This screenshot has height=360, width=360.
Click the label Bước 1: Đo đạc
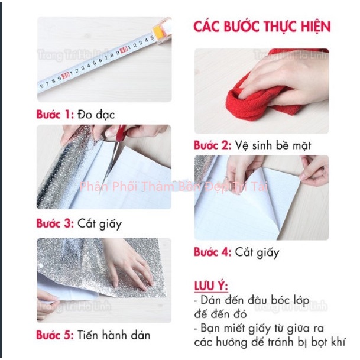point(76,113)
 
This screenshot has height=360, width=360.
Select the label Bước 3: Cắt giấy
point(79,223)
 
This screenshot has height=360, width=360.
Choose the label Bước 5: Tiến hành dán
point(93,335)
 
